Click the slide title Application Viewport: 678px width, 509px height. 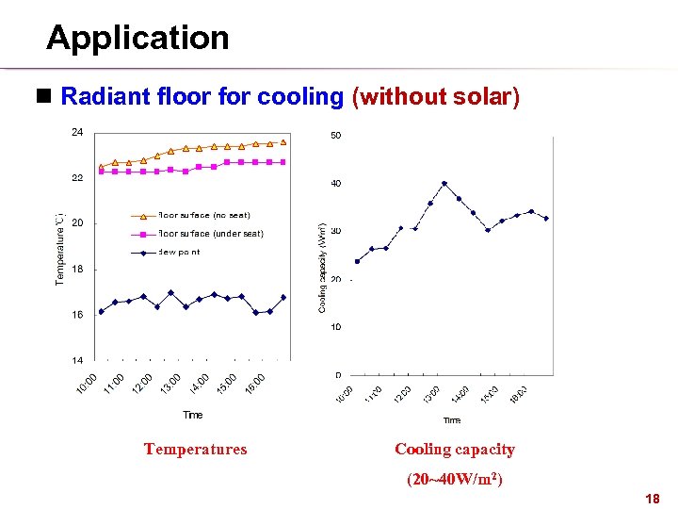point(137,38)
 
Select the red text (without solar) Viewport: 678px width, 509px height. point(434,96)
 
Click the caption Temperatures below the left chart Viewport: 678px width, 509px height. point(195,450)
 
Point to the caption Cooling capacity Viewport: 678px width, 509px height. point(454,450)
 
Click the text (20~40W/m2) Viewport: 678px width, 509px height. point(454,479)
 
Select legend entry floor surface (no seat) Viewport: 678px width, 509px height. point(204,216)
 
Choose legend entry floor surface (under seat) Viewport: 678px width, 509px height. point(211,234)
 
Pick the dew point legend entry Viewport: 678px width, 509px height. point(179,252)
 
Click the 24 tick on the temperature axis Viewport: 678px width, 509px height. point(76,132)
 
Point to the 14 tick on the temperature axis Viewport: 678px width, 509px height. point(76,360)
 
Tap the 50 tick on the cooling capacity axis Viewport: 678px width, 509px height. point(335,136)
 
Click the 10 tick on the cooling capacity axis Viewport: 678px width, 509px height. point(335,327)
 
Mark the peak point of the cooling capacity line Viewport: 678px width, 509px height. point(444,183)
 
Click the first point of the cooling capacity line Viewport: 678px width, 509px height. point(357,261)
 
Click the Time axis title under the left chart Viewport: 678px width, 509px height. point(192,415)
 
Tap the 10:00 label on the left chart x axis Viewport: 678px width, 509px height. point(86,386)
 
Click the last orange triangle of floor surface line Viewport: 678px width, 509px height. point(283,142)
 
